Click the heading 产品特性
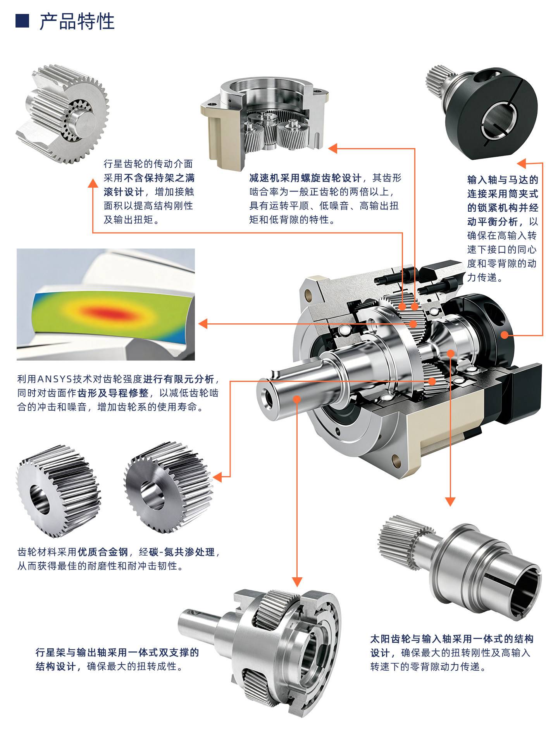[x=77, y=22]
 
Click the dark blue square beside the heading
[x=22, y=21]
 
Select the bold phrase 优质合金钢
[x=103, y=552]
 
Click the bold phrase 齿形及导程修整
[x=113, y=393]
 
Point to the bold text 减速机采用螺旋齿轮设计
[x=305, y=178]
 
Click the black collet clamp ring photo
[x=478, y=112]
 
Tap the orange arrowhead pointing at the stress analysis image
[x=202, y=323]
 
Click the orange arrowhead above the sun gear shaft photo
[x=450, y=502]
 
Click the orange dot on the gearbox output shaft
[x=297, y=399]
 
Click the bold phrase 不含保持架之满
[x=159, y=178]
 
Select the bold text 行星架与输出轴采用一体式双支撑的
[x=117, y=652]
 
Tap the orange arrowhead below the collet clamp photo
[x=522, y=163]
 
